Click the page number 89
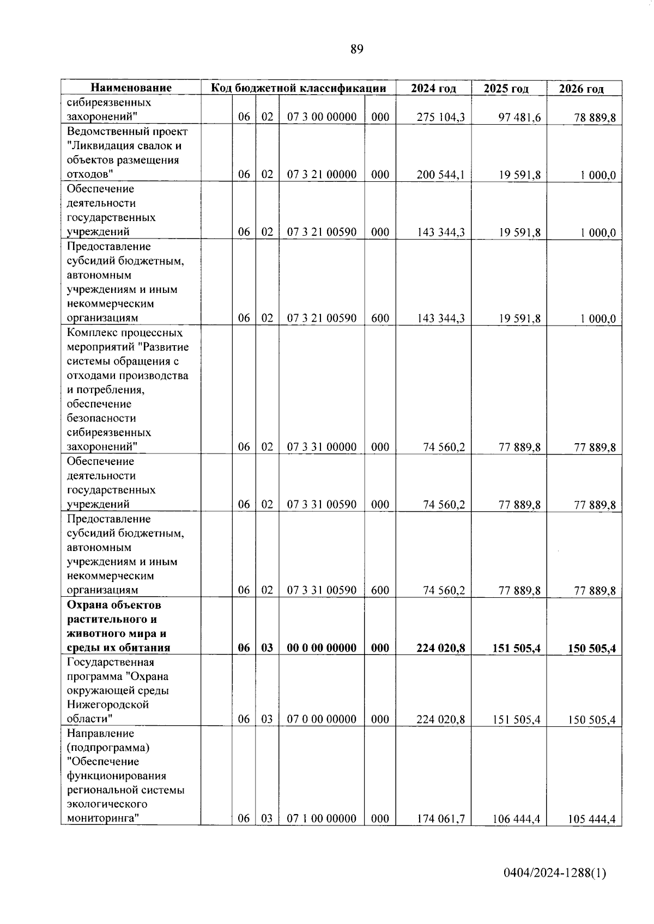[356, 50]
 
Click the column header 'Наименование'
[131, 88]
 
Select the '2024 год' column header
[433, 88]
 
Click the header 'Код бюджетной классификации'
[298, 88]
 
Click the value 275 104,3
[440, 117]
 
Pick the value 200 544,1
[440, 175]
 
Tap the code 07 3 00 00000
[322, 117]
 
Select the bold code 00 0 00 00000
[322, 648]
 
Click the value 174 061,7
[440, 819]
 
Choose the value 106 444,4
[516, 819]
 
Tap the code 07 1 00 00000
[322, 819]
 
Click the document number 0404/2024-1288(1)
[554, 873]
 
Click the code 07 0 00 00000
[322, 719]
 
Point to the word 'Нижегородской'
[108, 705]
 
